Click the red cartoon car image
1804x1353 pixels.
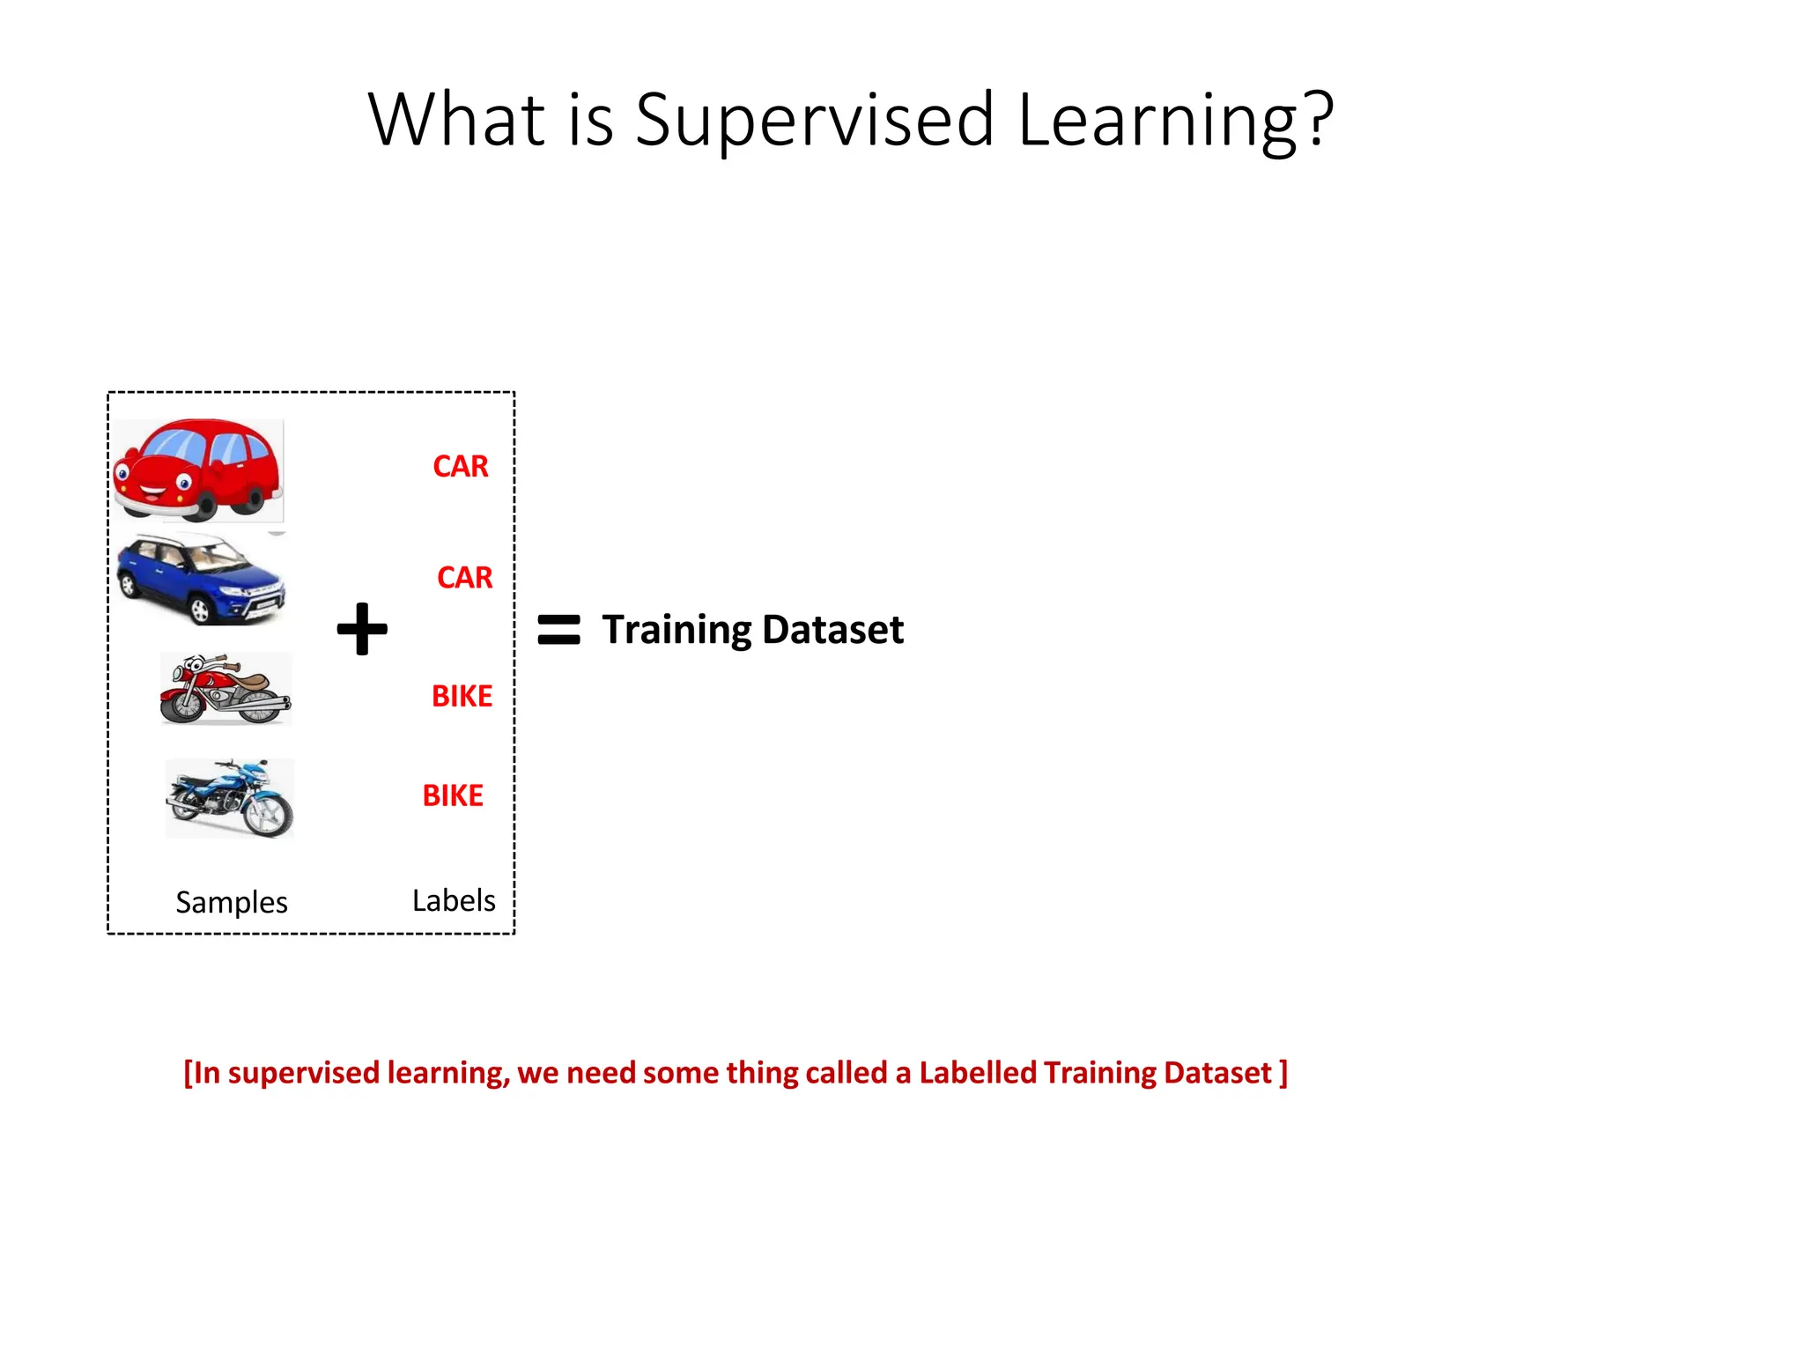coord(198,470)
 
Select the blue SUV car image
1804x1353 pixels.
coord(202,580)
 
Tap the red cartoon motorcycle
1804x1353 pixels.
coord(225,689)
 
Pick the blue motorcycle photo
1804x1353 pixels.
coord(230,798)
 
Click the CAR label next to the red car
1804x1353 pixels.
coord(460,466)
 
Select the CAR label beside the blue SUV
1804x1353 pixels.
coord(464,577)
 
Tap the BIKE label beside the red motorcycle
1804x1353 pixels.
coord(462,696)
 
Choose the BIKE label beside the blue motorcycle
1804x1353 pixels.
coord(453,795)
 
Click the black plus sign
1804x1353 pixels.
coord(362,629)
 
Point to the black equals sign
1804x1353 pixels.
coord(558,629)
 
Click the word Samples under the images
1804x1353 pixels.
coord(231,902)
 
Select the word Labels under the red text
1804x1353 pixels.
coord(454,900)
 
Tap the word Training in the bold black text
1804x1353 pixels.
coord(676,630)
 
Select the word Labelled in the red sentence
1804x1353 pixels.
coord(978,1073)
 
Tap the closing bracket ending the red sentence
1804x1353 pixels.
coord(1283,1073)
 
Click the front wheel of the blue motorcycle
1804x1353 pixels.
coord(270,815)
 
